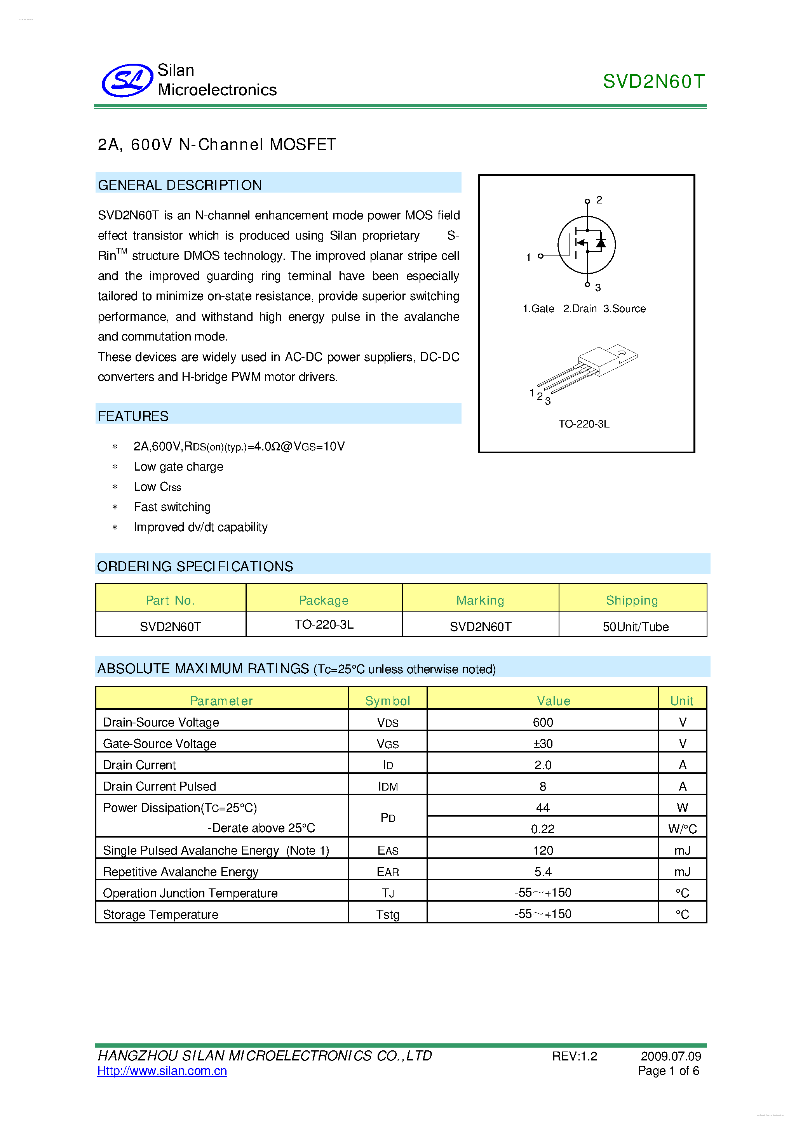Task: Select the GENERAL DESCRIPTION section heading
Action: coord(180,185)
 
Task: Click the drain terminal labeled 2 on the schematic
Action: coord(587,201)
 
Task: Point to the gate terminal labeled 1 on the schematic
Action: coord(540,256)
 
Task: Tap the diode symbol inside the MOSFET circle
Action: coord(601,243)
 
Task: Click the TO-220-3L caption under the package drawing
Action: coord(584,424)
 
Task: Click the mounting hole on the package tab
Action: coord(621,353)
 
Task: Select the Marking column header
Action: coord(480,600)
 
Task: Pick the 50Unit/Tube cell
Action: coord(636,626)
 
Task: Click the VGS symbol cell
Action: coord(387,744)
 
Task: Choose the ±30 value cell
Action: coord(542,744)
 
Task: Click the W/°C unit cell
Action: coord(682,829)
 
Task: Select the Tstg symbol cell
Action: coord(387,914)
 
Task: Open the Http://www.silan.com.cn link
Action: coord(162,1071)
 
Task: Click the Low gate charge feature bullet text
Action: coord(178,467)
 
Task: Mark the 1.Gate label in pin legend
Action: coord(538,308)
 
